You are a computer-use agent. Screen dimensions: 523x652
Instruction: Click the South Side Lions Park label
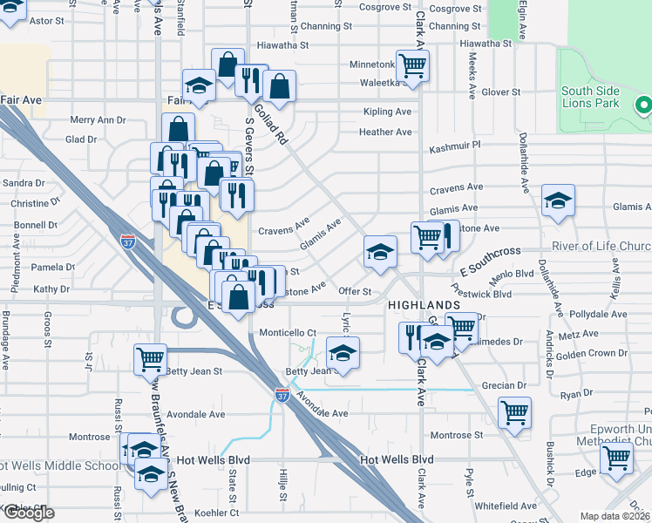tap(589, 97)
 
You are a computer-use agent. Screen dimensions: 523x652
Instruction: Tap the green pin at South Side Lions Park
tap(644, 105)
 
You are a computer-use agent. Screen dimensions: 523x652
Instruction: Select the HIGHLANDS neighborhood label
tap(424, 304)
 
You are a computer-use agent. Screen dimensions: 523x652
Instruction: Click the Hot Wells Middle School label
tap(59, 465)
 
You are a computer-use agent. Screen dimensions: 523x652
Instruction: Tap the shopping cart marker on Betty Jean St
tap(150, 358)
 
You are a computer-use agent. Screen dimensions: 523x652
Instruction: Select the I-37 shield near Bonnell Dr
tap(128, 237)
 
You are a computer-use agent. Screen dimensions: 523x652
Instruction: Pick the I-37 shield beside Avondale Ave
tap(282, 394)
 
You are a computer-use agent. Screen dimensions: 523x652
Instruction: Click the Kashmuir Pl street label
tap(454, 149)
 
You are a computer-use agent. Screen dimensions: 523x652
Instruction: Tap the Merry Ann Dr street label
tap(98, 120)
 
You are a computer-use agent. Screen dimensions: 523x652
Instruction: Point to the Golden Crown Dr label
tap(591, 354)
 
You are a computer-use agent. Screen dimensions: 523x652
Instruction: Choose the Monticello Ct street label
tap(288, 333)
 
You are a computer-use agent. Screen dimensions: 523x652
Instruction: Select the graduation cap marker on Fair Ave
tap(200, 87)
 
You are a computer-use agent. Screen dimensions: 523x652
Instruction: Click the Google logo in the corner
tap(29, 513)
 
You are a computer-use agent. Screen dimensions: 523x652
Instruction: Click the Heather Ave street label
tap(384, 132)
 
